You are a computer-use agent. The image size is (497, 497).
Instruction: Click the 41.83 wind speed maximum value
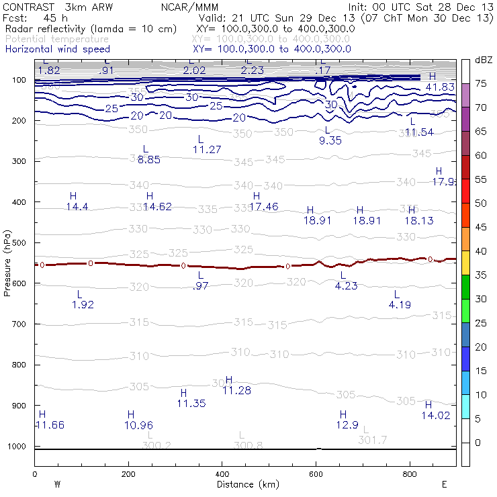click(x=440, y=87)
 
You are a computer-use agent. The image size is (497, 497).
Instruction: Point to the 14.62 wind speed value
click(x=157, y=206)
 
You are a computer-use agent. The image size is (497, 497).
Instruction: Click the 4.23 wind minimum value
click(x=346, y=285)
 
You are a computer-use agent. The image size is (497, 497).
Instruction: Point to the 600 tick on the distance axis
click(x=409, y=474)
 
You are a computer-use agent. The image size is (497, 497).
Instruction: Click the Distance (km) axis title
click(x=245, y=484)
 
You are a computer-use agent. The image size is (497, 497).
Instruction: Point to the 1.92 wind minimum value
click(x=83, y=304)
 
